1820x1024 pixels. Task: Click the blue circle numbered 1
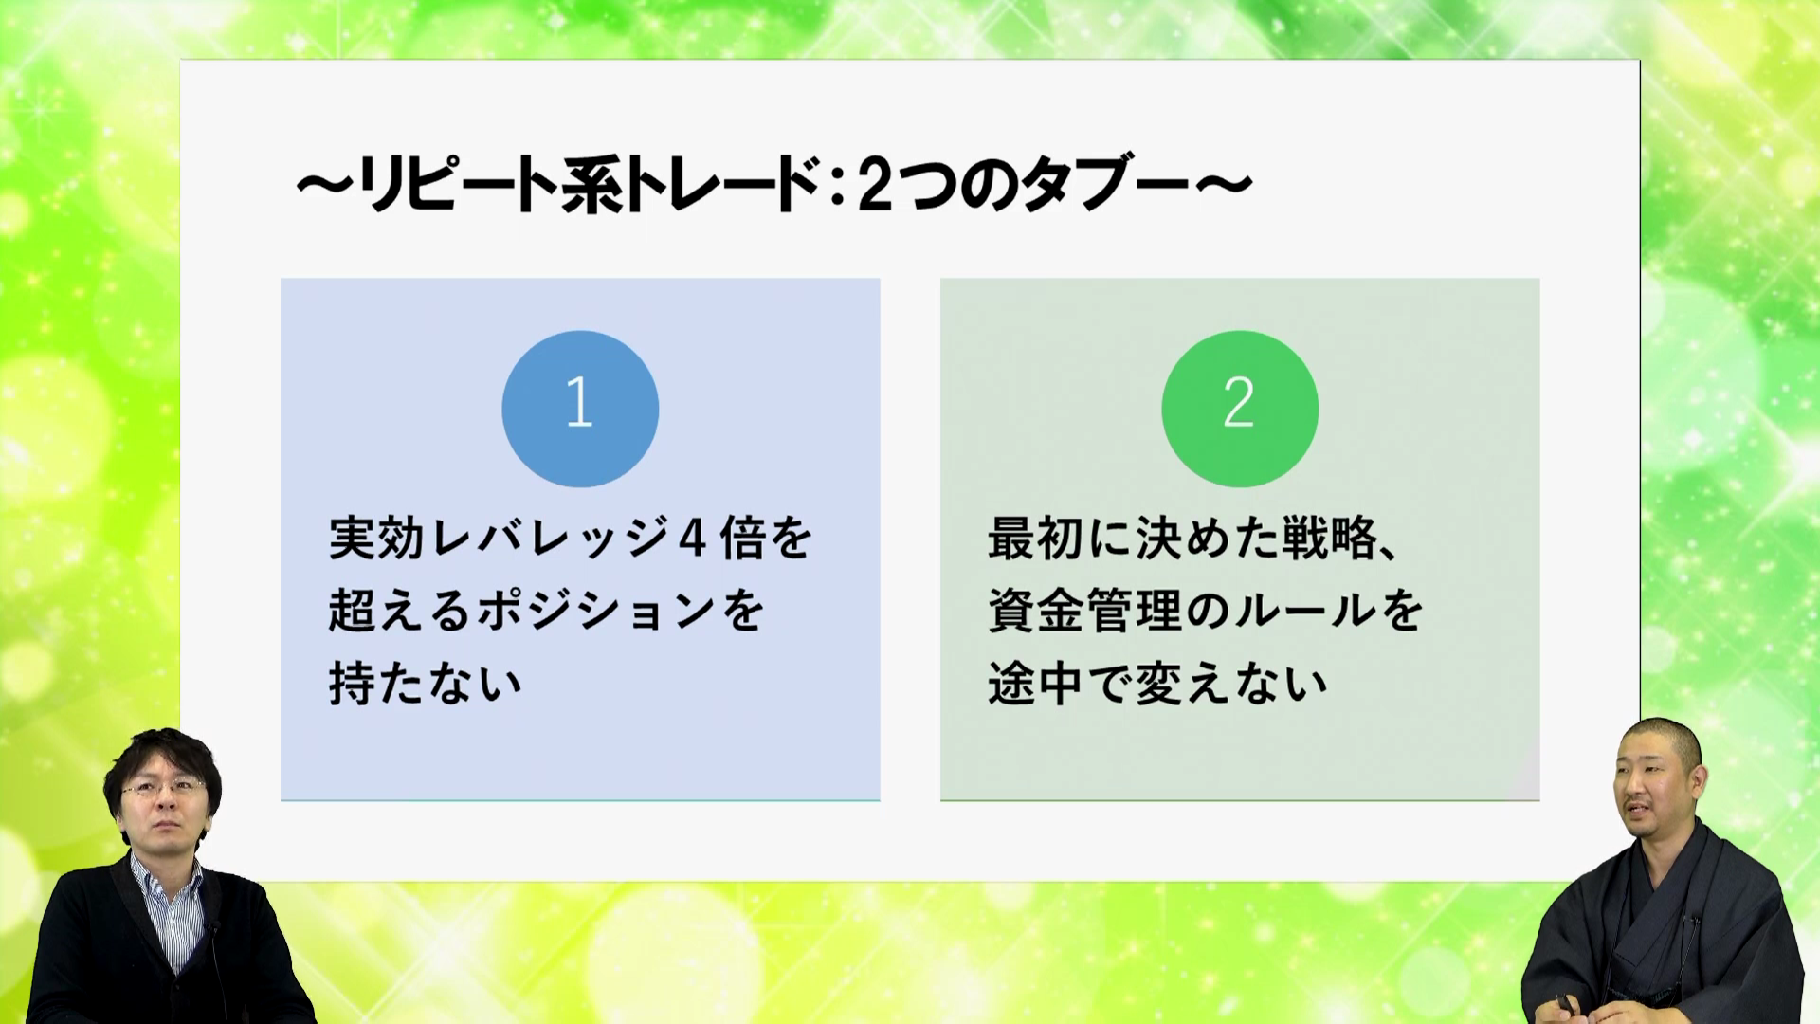pos(580,409)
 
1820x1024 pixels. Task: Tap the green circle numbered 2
pos(1240,409)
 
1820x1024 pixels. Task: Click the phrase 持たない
pos(426,684)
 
